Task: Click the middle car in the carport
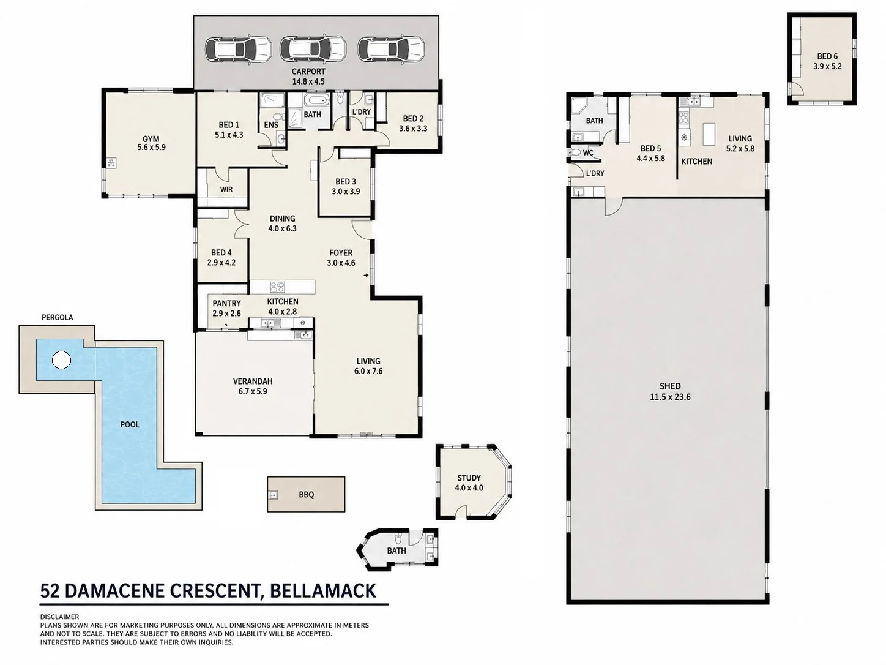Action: click(313, 49)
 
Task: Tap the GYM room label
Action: click(151, 139)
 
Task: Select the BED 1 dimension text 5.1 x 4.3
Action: click(229, 135)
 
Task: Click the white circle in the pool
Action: click(61, 360)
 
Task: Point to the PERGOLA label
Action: click(58, 317)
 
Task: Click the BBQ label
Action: click(307, 495)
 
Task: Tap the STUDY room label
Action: click(469, 478)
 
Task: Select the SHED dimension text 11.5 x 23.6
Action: click(670, 397)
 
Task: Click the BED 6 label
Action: click(827, 56)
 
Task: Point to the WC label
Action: click(588, 152)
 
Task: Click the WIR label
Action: click(226, 189)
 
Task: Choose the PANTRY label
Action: click(226, 303)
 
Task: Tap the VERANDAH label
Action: click(253, 381)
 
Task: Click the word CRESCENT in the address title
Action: click(214, 591)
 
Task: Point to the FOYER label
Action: click(341, 253)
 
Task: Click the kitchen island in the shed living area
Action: click(709, 135)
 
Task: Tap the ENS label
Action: click(271, 125)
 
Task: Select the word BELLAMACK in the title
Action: click(323, 591)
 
